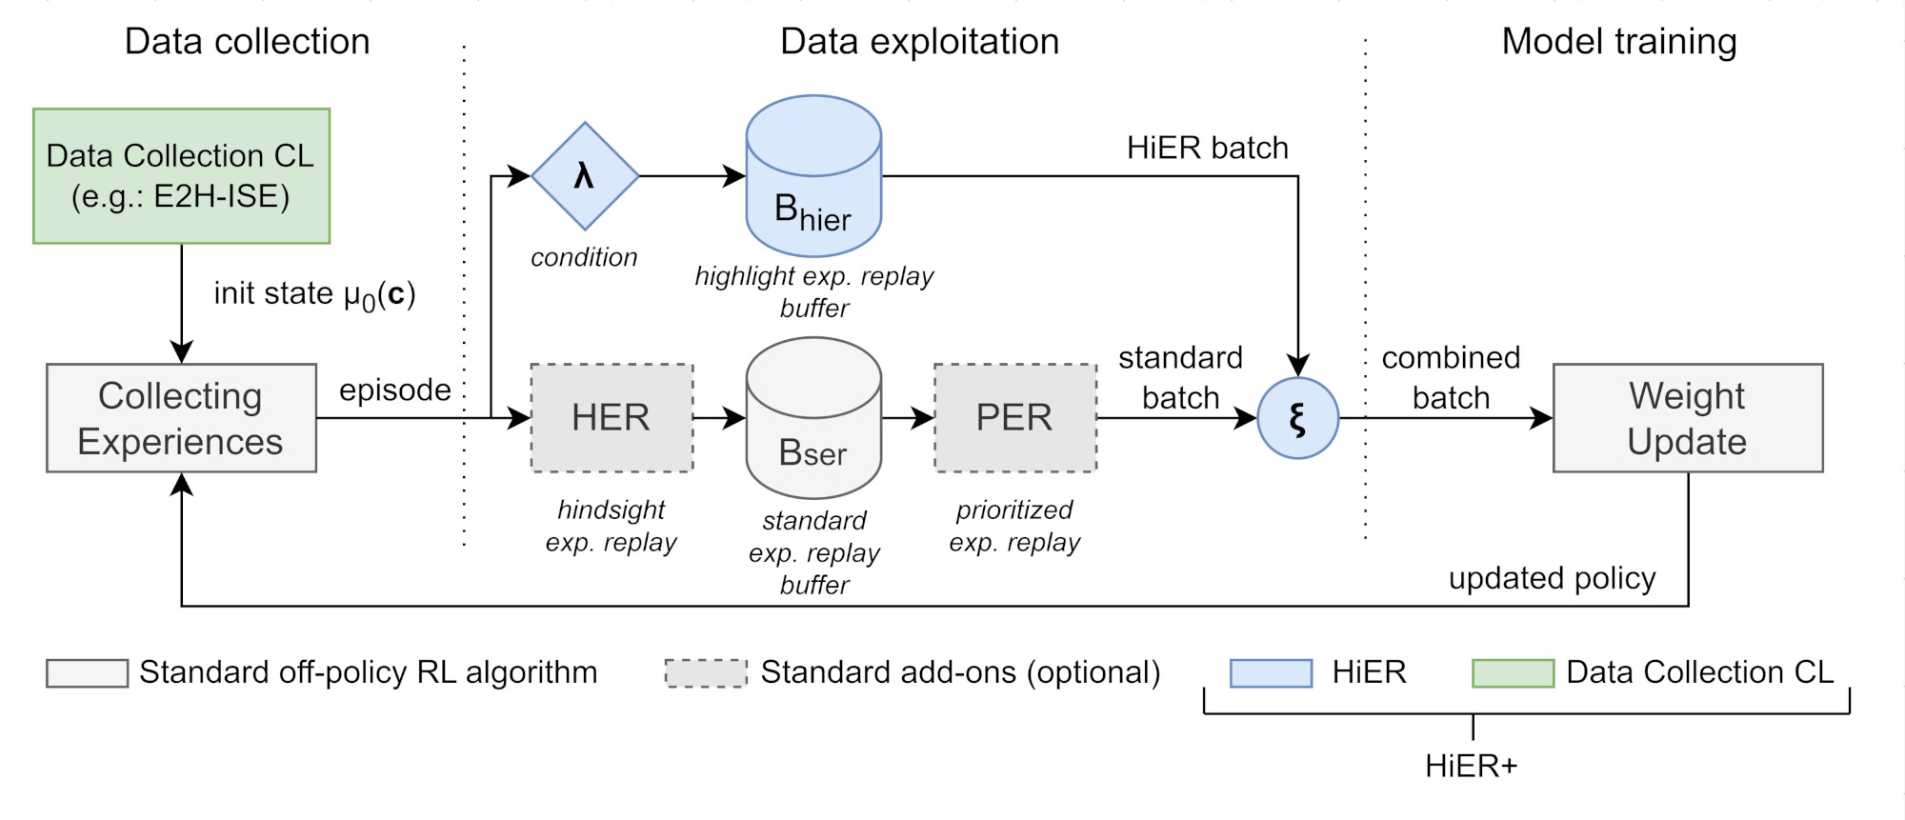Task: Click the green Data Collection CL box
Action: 181,176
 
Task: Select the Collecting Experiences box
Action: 181,418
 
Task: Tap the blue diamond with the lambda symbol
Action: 585,176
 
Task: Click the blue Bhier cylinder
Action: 813,176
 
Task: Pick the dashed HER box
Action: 612,418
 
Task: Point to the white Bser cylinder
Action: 813,418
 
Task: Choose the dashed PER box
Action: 1015,418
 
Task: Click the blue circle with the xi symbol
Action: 1298,418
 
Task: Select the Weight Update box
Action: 1688,418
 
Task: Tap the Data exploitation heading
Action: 919,42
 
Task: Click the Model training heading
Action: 1619,42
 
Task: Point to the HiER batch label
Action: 1208,148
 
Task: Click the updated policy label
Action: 1553,578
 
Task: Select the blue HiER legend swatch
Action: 1271,673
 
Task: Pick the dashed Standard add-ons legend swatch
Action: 706,673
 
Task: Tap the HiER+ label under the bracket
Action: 1472,766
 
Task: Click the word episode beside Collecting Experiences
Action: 395,390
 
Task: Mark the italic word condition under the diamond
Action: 584,257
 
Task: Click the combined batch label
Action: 1451,377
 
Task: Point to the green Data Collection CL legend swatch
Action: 1513,673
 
